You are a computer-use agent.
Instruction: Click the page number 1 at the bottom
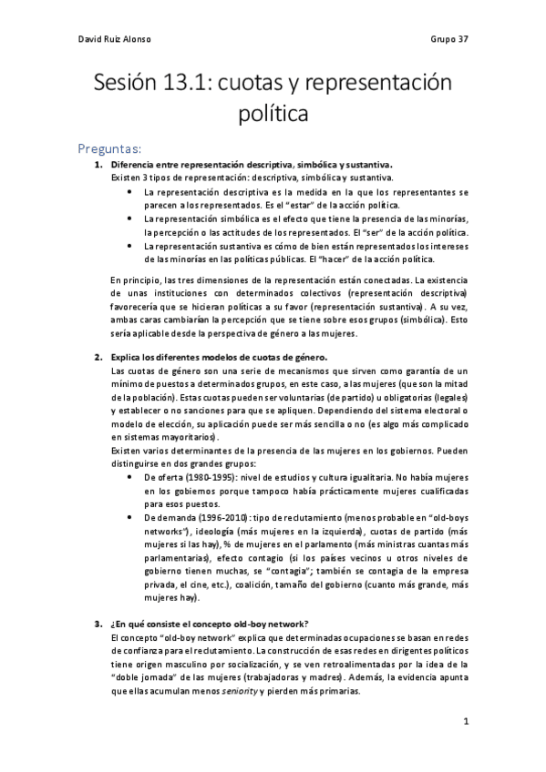click(465, 721)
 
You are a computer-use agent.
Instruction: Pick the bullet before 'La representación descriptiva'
click(133, 194)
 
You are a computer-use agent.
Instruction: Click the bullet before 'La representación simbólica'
click(133, 219)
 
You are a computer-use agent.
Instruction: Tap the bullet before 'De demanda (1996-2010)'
click(133, 516)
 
